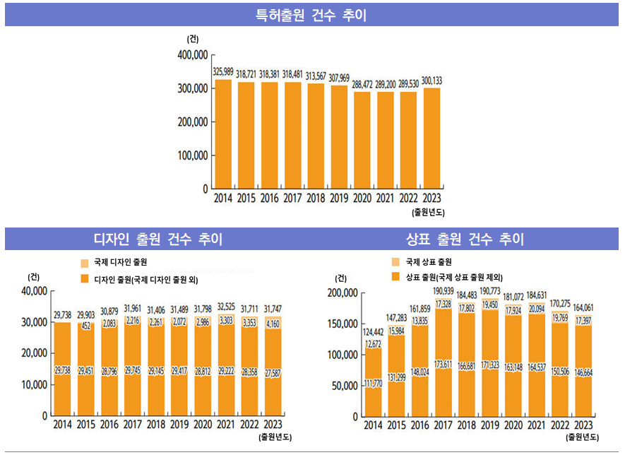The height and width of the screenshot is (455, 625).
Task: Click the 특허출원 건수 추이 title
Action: coord(311,15)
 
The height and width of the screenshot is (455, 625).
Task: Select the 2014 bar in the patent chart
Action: coord(222,134)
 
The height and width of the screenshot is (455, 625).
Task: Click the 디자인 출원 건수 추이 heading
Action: coord(158,240)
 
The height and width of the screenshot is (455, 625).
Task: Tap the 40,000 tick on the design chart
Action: coord(33,291)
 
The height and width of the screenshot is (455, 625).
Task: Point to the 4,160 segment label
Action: coord(273,325)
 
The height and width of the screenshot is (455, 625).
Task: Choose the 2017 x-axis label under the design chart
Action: coord(133,424)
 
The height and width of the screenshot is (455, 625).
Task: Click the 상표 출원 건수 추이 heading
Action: coord(465,240)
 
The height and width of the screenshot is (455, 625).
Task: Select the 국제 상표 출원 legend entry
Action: coord(427,262)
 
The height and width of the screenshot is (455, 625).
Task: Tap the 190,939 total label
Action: coord(444,291)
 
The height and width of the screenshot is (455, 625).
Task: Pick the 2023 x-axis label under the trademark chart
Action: coord(583,424)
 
